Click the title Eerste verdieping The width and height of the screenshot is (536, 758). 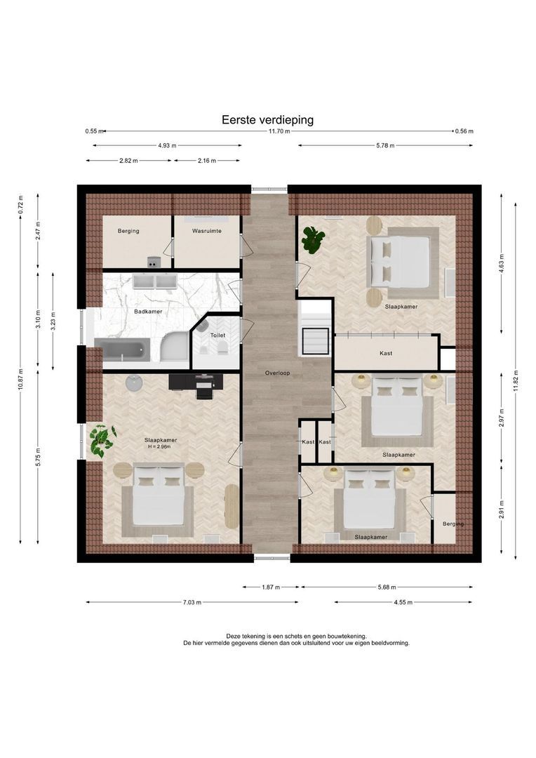(267, 120)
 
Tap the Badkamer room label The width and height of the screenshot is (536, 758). (148, 312)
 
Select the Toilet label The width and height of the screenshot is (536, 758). (217, 335)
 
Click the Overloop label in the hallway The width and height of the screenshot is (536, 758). (277, 373)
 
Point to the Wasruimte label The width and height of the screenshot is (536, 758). (207, 231)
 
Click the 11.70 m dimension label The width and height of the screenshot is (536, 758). (279, 131)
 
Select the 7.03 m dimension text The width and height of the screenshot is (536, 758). (192, 602)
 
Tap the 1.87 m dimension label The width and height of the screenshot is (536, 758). (271, 587)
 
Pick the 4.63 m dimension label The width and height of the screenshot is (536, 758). (501, 263)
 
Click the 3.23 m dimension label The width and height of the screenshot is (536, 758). (53, 321)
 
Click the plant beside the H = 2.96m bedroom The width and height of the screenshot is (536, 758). (102, 440)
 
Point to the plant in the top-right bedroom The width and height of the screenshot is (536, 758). (313, 240)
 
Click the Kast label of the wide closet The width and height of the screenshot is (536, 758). (386, 354)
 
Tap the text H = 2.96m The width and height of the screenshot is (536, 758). (160, 446)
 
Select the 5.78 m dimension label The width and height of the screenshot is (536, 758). (385, 145)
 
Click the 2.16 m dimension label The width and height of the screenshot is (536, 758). (207, 161)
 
